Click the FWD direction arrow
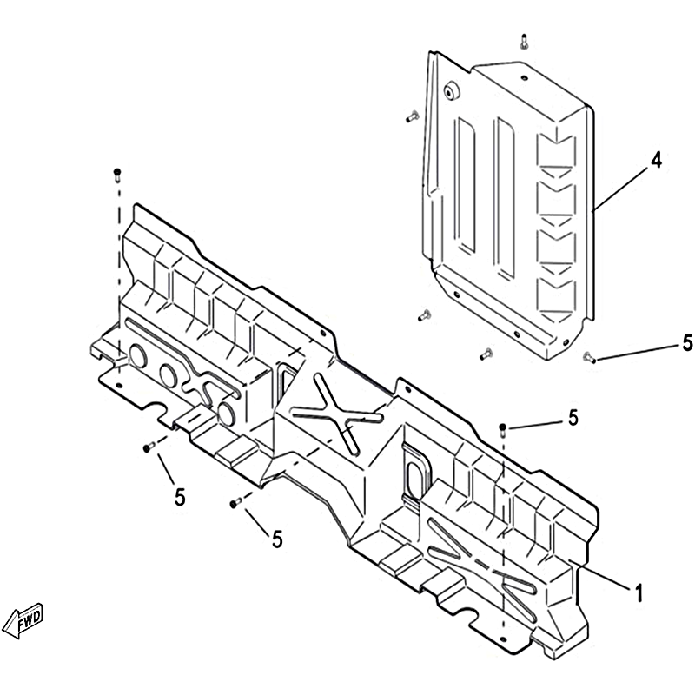[23, 620]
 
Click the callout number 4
[656, 161]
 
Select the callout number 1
[639, 593]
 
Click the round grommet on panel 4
[452, 92]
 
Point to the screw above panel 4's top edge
[525, 41]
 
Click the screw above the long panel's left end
[117, 175]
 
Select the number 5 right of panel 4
[687, 343]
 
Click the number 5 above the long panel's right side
[573, 418]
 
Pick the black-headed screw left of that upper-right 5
[503, 429]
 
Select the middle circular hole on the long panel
[169, 375]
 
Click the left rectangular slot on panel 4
[466, 186]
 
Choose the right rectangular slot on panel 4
[506, 198]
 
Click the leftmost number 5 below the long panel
[180, 497]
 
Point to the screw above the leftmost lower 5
[149, 447]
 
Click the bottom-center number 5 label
[277, 539]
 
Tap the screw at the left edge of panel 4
[412, 116]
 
